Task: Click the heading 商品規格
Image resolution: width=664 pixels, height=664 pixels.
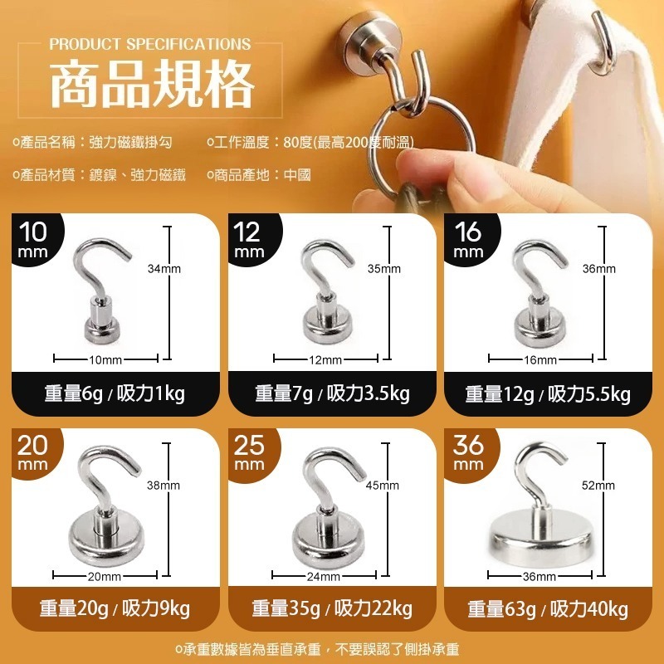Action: click(x=152, y=84)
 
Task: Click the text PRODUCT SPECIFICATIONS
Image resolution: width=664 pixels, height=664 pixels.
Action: click(x=150, y=44)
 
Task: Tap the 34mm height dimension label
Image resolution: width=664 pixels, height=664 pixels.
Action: click(x=164, y=268)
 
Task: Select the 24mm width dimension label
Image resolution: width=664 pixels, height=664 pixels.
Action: click(x=324, y=576)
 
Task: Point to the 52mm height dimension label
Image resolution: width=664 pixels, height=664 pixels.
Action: click(x=598, y=485)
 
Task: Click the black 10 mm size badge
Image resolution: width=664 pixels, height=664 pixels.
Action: click(x=36, y=240)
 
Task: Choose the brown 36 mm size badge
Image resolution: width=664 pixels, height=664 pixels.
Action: click(x=470, y=454)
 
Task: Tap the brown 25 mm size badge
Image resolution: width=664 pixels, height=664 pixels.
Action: click(x=252, y=454)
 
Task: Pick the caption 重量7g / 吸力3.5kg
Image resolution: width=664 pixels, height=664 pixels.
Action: click(x=333, y=393)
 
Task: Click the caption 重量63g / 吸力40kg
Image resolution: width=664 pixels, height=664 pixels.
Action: click(x=548, y=608)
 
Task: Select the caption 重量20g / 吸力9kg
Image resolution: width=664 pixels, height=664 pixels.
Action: click(x=115, y=608)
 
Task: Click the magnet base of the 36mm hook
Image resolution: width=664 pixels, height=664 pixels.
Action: click(x=540, y=536)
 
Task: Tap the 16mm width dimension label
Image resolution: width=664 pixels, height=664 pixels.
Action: click(x=540, y=360)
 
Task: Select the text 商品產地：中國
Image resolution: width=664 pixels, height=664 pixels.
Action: click(x=259, y=174)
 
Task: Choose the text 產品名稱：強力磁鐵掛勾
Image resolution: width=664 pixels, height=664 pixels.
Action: click(x=93, y=142)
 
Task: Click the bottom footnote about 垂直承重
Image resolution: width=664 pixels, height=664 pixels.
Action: click(x=317, y=649)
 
